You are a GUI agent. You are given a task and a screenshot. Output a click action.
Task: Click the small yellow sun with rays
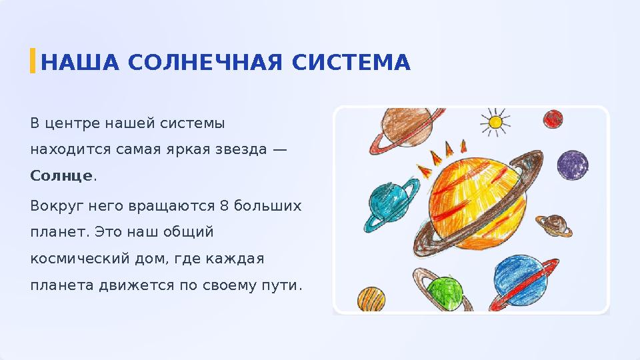[x=495, y=122]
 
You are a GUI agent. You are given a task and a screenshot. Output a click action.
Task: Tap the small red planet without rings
[x=553, y=119]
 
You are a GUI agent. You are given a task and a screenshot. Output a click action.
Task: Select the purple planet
[x=572, y=164]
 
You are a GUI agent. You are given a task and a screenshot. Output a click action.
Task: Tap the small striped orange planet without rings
[x=371, y=299]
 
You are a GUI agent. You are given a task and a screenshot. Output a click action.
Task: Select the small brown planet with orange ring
[x=554, y=225]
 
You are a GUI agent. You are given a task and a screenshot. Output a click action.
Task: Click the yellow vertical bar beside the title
[x=32, y=61]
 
